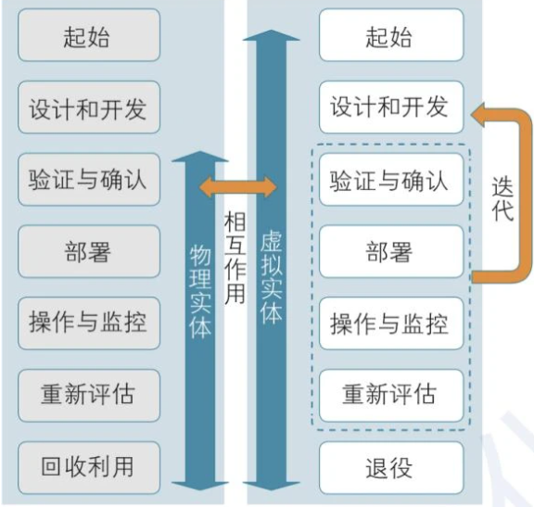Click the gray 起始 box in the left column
click(88, 36)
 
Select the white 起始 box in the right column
click(390, 36)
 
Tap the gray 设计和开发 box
click(88, 108)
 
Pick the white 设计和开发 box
click(390, 108)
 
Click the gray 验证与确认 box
click(88, 179)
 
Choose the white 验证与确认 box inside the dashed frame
click(390, 179)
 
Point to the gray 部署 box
click(88, 250)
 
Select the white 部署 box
click(390, 250)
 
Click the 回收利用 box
click(88, 465)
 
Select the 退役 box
click(390, 465)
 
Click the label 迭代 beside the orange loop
click(502, 198)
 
